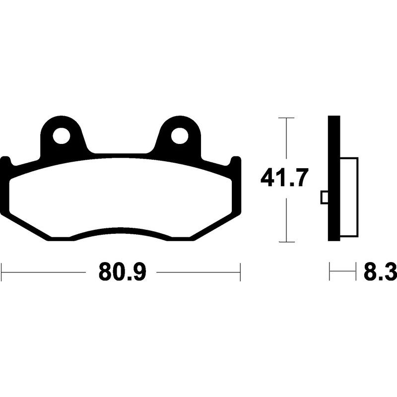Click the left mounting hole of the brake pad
point(61,136)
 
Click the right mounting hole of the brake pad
point(180,136)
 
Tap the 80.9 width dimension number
point(122,272)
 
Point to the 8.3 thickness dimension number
point(380,272)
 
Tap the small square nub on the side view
point(325,198)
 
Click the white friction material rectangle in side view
point(349,197)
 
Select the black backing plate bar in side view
point(334,178)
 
